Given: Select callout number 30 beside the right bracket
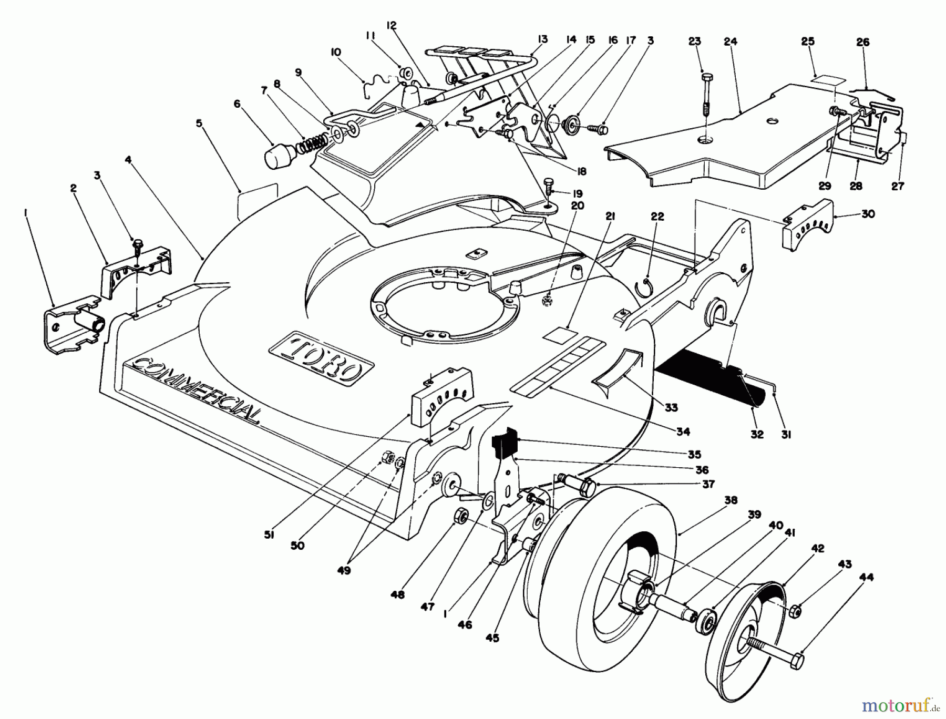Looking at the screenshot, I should pos(868,214).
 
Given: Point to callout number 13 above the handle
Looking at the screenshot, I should pos(543,39).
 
